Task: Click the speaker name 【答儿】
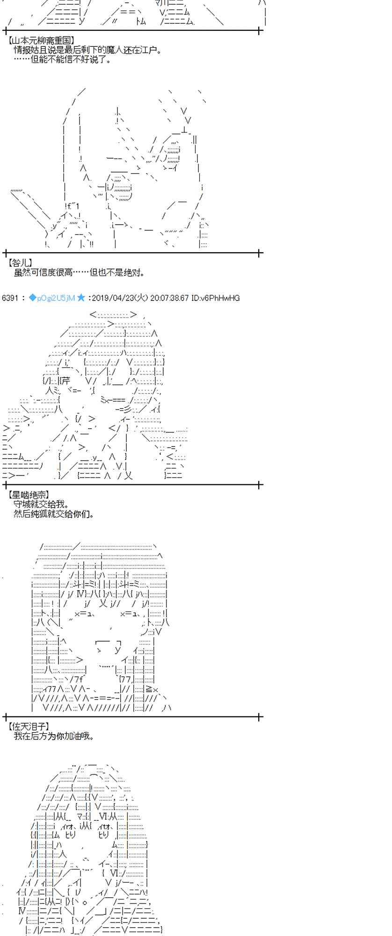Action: point(20,263)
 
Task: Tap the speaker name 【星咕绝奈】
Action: point(28,495)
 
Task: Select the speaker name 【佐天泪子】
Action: point(28,726)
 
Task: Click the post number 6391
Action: point(10,298)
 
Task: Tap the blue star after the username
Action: point(81,298)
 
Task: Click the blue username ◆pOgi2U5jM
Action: point(51,298)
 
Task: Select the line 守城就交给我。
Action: point(42,504)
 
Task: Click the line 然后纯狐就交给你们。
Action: point(54,514)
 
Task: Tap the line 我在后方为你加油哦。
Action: point(54,736)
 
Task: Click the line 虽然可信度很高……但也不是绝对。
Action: point(80,273)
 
